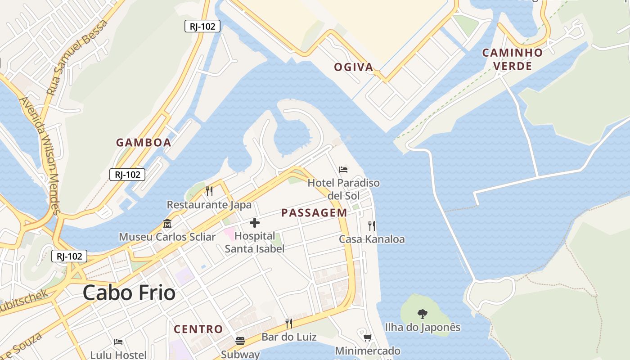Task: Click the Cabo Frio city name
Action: click(x=129, y=293)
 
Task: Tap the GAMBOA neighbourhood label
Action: click(x=144, y=143)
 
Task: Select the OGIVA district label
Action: click(x=354, y=67)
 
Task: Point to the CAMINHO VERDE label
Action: click(x=513, y=59)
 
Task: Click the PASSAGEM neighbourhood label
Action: click(x=314, y=213)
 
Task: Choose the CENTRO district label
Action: click(x=198, y=329)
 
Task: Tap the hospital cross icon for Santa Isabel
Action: click(x=255, y=223)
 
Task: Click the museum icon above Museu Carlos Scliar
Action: click(x=167, y=223)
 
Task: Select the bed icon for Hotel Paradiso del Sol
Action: click(x=343, y=170)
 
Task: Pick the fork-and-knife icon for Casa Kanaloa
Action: click(x=372, y=225)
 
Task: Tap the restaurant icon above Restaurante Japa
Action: click(x=209, y=191)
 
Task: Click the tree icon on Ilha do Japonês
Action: click(x=422, y=314)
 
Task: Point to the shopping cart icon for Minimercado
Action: click(x=367, y=337)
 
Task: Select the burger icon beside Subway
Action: click(x=240, y=341)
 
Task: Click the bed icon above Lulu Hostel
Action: click(x=118, y=342)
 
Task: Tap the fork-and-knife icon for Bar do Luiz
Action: click(x=289, y=323)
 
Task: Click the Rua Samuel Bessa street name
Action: click(x=77, y=58)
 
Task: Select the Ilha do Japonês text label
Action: click(x=423, y=327)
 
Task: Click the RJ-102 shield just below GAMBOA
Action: click(x=127, y=175)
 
